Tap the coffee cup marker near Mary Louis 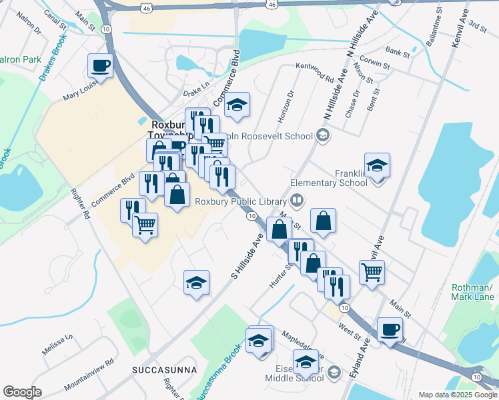101,66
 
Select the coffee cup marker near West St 390,329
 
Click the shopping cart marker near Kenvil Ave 372,271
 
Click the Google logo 22,392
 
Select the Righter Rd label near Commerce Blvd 79,204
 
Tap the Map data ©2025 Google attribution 457,395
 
